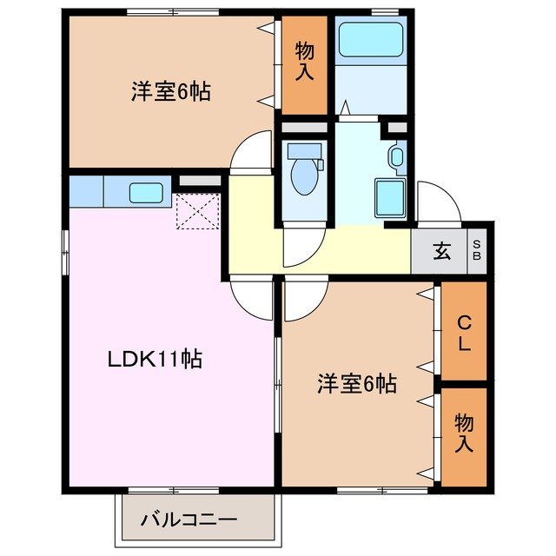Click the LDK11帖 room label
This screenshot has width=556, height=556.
155,359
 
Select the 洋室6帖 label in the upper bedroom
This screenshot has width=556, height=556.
170,92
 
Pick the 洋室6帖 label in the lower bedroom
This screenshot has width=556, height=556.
356,383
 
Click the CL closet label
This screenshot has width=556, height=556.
463,333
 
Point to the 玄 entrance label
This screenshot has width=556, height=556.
441,253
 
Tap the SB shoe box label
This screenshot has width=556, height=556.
479,253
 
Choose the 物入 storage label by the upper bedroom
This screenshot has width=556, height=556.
304,62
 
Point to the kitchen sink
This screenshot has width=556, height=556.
142,191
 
